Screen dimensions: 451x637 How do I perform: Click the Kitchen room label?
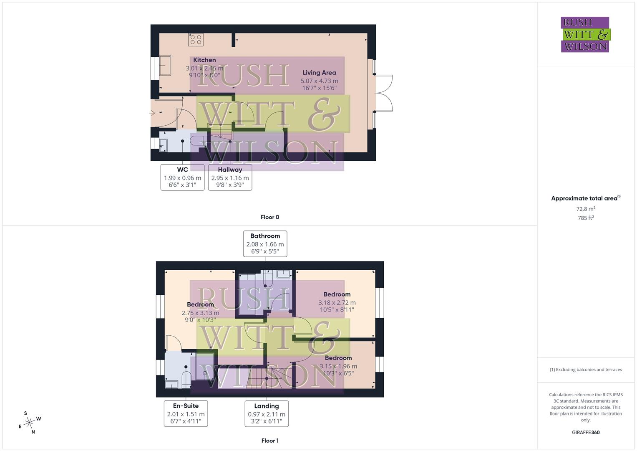[x=204, y=60]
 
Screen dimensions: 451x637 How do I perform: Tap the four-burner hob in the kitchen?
[x=196, y=40]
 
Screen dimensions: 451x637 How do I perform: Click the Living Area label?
[x=319, y=73]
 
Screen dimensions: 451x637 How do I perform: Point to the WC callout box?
[x=182, y=177]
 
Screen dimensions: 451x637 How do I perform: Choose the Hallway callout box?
[x=230, y=177]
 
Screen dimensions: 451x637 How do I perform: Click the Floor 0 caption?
[x=270, y=217]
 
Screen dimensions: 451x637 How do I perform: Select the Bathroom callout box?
[x=265, y=243]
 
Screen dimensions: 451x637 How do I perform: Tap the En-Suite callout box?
[x=186, y=413]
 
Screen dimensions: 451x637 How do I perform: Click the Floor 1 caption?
[x=270, y=441]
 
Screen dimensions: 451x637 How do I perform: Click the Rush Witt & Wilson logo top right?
[x=585, y=35]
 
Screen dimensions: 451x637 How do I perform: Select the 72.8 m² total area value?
[x=586, y=209]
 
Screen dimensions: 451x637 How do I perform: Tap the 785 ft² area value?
[x=586, y=218]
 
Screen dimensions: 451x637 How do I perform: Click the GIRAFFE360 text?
[x=586, y=432]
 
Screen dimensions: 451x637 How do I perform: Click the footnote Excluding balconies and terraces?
[x=586, y=370]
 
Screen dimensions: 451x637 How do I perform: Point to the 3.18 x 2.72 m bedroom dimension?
[x=337, y=303]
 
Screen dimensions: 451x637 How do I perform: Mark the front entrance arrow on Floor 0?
[x=152, y=113]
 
